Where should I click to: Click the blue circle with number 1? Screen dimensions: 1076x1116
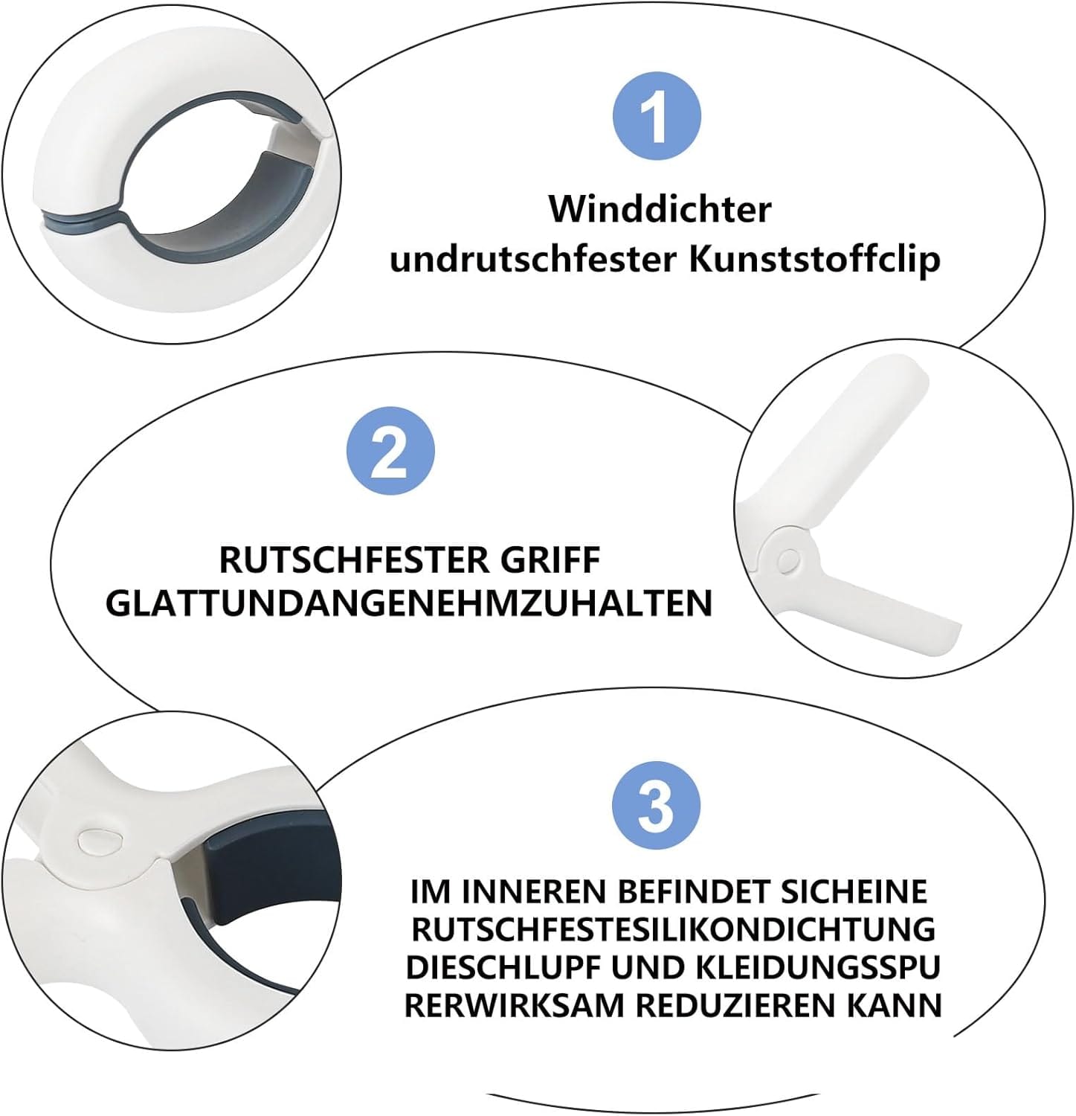click(x=657, y=116)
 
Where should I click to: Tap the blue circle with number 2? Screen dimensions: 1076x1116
click(x=390, y=451)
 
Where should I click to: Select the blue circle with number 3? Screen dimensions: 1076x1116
click(x=656, y=806)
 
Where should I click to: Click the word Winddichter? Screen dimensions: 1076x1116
click(x=660, y=209)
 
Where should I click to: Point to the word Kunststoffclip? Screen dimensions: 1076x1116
click(x=815, y=259)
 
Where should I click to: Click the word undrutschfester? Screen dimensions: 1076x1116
click(x=533, y=260)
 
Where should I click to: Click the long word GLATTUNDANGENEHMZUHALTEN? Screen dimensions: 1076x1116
click(x=409, y=603)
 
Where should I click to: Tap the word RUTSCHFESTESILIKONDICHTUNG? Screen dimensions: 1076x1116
click(x=673, y=929)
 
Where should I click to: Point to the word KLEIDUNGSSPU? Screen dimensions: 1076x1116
click(x=819, y=967)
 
